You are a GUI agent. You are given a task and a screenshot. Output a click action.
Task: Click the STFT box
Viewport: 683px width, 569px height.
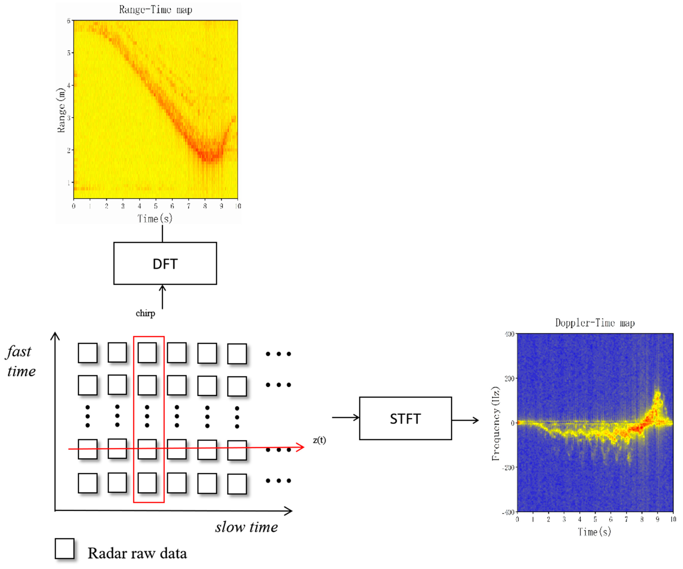[405, 419]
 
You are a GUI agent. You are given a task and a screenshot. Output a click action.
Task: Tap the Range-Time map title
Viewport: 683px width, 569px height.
[155, 10]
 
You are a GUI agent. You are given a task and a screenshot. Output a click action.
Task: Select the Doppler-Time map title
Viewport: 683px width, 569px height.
[595, 323]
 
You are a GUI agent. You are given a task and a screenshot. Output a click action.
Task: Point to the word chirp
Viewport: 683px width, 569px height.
[145, 313]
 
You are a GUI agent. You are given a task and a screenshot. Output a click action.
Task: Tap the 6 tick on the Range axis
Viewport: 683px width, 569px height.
[69, 21]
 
